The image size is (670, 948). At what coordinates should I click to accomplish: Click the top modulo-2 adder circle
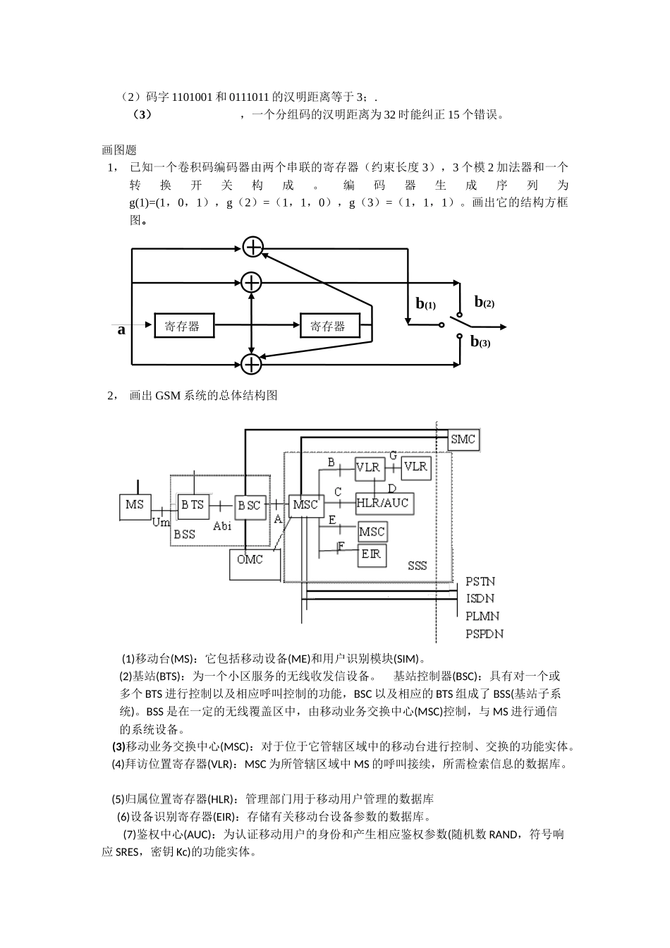coord(252,247)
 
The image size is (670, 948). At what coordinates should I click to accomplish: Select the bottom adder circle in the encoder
coord(251,364)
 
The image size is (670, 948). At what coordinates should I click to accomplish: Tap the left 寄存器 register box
coord(182,326)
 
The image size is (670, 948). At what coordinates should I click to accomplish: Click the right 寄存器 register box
coord(329,326)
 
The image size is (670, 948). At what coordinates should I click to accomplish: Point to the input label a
coord(121,329)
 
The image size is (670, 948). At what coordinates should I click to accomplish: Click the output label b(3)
coord(480,342)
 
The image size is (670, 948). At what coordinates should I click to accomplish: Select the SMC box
coord(463,439)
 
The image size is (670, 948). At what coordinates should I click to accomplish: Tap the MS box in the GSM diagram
coord(135,506)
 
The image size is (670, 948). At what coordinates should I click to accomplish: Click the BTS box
coord(192,505)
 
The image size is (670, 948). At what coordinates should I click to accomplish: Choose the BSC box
coord(249,506)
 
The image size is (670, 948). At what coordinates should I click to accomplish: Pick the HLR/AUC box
coord(383,503)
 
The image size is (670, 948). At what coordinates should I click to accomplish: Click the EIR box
coord(372,554)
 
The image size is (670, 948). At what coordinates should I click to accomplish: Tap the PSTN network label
coord(480,581)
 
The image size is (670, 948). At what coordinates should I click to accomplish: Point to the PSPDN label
coord(485,634)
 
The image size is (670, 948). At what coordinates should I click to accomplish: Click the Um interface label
coord(161,523)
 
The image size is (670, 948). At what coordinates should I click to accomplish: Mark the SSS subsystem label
coord(418,566)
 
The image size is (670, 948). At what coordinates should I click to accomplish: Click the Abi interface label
coord(222,525)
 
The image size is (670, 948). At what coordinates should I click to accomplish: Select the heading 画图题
coord(119,150)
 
